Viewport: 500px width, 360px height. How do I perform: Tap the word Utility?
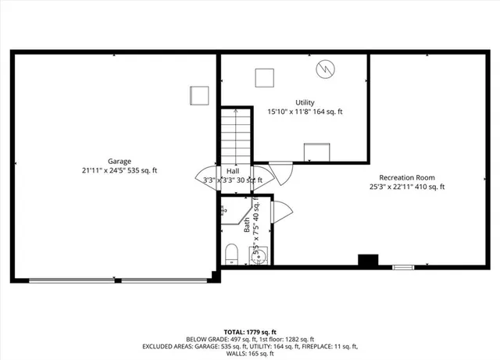pyautogui.click(x=305, y=103)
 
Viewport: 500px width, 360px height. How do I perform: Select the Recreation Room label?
pyautogui.click(x=407, y=177)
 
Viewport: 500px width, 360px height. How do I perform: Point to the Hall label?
pyautogui.click(x=233, y=170)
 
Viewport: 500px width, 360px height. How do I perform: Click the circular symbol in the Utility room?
pyautogui.click(x=325, y=70)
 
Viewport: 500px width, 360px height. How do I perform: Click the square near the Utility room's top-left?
pyautogui.click(x=265, y=77)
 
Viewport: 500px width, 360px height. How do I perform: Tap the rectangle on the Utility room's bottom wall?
pyautogui.click(x=316, y=152)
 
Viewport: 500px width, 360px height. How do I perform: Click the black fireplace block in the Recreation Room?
pyautogui.click(x=367, y=261)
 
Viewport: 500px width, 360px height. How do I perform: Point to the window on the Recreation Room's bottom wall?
pyautogui.click(x=403, y=267)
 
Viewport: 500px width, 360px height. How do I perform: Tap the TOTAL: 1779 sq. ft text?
pyautogui.click(x=250, y=331)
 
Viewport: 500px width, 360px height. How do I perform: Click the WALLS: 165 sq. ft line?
pyautogui.click(x=250, y=353)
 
